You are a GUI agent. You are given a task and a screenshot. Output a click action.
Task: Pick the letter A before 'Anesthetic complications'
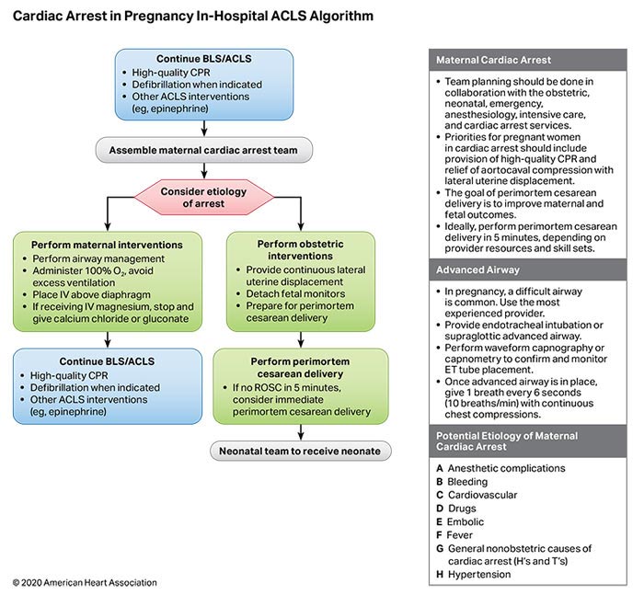(x=440, y=468)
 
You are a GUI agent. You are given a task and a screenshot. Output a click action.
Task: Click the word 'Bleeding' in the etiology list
(x=469, y=482)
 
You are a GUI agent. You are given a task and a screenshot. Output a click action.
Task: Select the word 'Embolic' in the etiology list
(x=467, y=521)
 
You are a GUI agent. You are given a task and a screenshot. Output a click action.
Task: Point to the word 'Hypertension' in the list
(x=478, y=575)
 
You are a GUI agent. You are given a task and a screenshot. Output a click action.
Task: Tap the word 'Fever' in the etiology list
(x=461, y=534)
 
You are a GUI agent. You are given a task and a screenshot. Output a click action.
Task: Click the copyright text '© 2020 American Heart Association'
(x=84, y=583)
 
